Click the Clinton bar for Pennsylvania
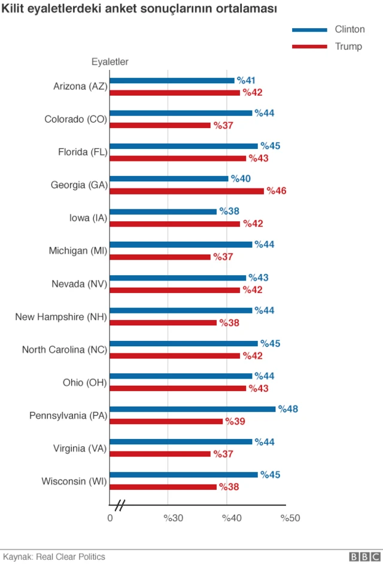pyautogui.click(x=192, y=409)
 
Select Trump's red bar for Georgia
pyautogui.click(x=186, y=191)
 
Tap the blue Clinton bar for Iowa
pyautogui.click(x=163, y=212)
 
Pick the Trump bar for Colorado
pyautogui.click(x=160, y=125)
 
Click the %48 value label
pyautogui.click(x=288, y=409)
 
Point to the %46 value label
pyautogui.click(x=276, y=191)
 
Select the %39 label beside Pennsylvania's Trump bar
pyautogui.click(x=235, y=421)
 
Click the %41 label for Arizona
pyautogui.click(x=247, y=80)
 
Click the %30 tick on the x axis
pyautogui.click(x=173, y=517)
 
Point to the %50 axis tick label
pyautogui.click(x=290, y=517)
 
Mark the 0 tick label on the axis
pyautogui.click(x=110, y=517)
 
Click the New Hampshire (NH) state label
pyautogui.click(x=60, y=316)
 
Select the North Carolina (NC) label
pyautogui.click(x=64, y=349)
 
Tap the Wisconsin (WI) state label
pyautogui.click(x=74, y=481)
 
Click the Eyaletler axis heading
pyautogui.click(x=110, y=62)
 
